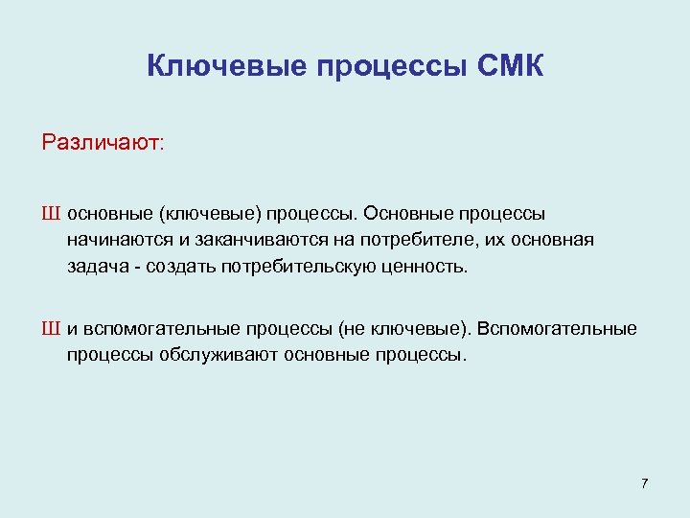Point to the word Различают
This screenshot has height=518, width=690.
[103, 143]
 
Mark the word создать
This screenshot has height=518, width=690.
[179, 266]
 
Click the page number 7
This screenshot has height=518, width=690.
[644, 483]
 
